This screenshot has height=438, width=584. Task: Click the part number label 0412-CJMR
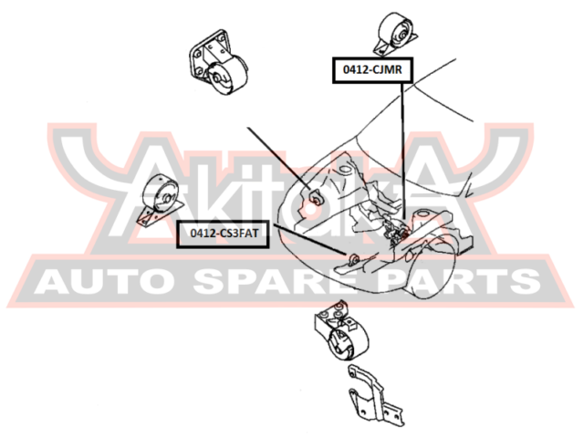[372, 70]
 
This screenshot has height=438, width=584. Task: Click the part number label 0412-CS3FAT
[223, 234]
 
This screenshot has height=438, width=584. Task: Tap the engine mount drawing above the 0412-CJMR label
[395, 34]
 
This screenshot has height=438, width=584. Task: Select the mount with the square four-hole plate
[218, 63]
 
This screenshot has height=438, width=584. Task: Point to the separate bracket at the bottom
[374, 395]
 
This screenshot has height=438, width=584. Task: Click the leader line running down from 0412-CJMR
[402, 151]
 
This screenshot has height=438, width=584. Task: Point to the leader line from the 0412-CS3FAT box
[310, 240]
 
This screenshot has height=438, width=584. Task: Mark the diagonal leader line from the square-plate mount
[279, 158]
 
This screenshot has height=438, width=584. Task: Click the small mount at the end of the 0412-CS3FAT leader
[353, 258]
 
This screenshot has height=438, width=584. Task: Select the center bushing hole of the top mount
[402, 35]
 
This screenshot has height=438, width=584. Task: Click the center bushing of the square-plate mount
[216, 78]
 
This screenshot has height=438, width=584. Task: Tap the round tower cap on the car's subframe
[423, 215]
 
